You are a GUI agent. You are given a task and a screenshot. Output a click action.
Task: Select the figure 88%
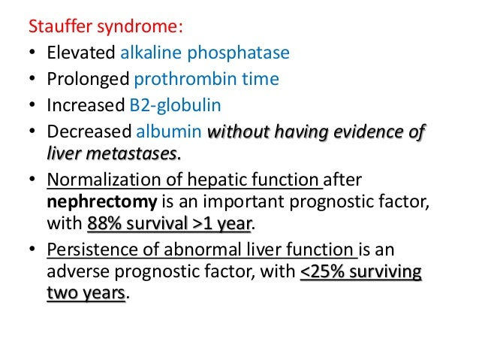coord(104,222)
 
